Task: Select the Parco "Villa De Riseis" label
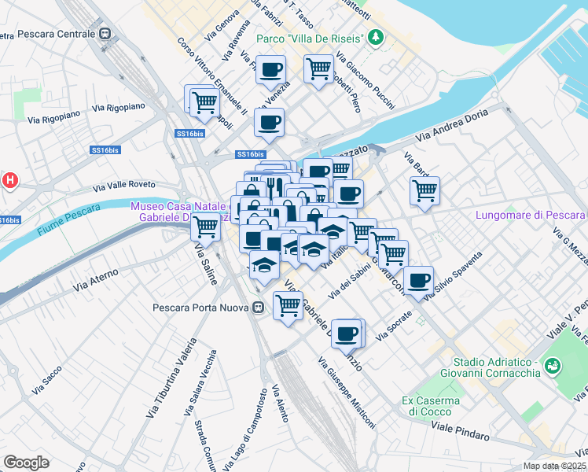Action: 311,39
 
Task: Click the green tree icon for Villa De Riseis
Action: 377,37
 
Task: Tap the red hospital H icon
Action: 9,181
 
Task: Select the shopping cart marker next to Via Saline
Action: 205,226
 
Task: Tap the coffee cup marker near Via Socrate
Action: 347,333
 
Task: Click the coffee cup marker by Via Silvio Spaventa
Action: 419,279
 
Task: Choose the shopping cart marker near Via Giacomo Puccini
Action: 318,68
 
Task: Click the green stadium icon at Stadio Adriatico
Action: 553,365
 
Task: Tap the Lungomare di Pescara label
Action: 531,216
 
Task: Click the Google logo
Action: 26,463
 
